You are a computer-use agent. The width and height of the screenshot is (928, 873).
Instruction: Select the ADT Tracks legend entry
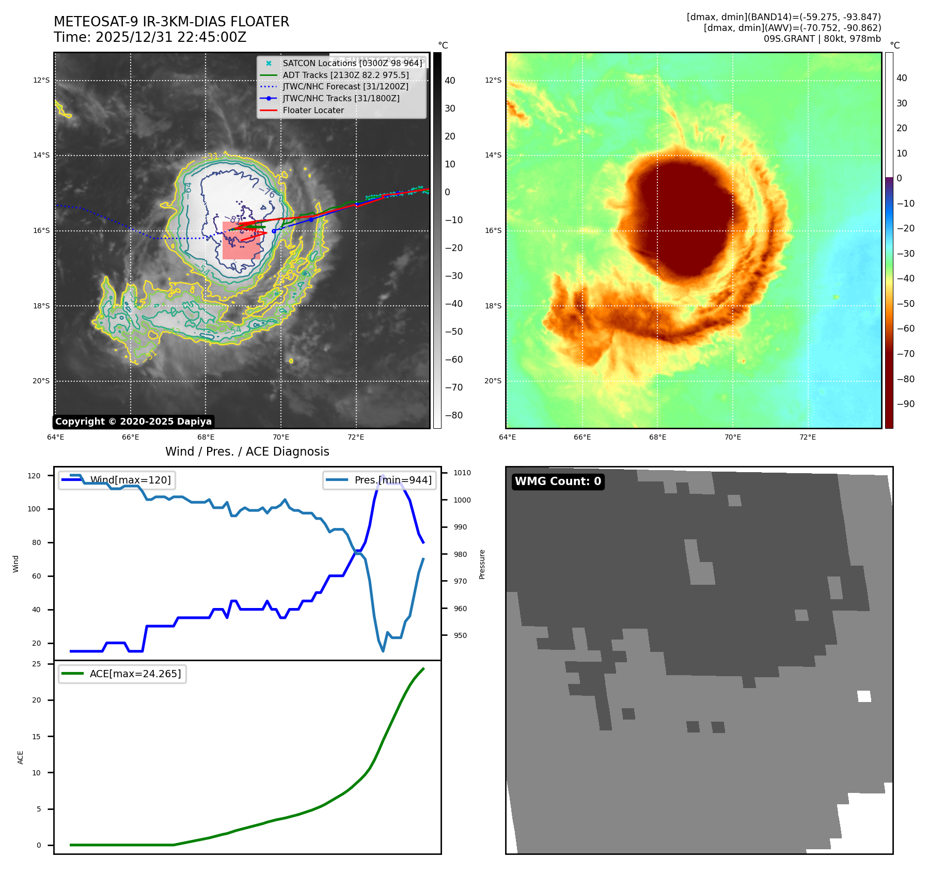345,75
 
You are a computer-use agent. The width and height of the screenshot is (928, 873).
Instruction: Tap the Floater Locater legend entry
313,110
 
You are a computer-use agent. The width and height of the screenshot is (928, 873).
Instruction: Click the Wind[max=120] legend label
130,480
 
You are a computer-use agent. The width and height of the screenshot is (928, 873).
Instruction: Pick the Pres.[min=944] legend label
392,480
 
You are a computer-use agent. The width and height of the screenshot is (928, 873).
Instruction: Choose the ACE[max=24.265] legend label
135,674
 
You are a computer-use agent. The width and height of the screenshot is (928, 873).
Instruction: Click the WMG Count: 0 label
558,481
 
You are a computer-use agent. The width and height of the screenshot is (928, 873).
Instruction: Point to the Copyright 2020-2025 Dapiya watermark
133,422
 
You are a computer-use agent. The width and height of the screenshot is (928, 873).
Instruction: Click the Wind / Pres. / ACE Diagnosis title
247,451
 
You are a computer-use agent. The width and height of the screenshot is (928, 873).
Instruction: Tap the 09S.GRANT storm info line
822,39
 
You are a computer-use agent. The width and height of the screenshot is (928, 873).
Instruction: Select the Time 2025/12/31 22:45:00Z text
150,38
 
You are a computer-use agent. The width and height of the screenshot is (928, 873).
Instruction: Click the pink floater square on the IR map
241,240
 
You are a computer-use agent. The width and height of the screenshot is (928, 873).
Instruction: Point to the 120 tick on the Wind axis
34,476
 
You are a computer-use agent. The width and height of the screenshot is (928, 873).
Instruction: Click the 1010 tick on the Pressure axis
462,473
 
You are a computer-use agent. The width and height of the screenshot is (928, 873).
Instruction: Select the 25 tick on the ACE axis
37,664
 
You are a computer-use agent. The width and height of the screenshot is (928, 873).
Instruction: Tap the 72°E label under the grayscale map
355,437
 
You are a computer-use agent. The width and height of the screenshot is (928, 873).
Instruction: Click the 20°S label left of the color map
493,381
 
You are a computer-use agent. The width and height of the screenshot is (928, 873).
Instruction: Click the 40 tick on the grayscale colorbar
450,81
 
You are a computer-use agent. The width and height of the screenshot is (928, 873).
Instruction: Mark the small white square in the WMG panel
864,696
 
